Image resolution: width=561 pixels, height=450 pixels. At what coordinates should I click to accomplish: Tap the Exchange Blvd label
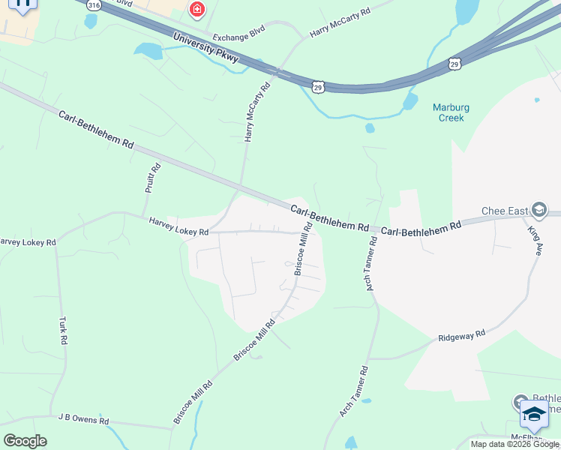coord(239,37)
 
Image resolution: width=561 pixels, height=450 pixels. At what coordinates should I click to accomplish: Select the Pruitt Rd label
coord(152,179)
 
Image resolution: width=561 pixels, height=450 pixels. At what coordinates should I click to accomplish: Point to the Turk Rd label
coord(62,330)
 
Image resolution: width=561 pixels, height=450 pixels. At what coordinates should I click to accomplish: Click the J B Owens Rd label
coord(84,420)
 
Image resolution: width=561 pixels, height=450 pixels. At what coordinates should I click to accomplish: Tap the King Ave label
coord(535,241)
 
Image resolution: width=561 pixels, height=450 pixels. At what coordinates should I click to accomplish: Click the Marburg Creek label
coord(448,112)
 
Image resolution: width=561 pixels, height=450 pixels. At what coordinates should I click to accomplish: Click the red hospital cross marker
coord(196,10)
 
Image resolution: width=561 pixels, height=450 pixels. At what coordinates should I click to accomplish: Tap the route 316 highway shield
coord(93,4)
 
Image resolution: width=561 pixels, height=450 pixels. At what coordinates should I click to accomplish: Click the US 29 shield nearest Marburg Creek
coord(454,64)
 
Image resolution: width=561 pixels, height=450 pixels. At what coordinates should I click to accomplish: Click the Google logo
coord(25,440)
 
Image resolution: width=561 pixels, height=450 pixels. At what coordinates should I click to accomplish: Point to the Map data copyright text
coord(515,444)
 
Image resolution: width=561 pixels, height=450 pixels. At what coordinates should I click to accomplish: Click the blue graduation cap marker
coord(534,413)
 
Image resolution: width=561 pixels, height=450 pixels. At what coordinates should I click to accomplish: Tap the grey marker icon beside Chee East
coord(538,209)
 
